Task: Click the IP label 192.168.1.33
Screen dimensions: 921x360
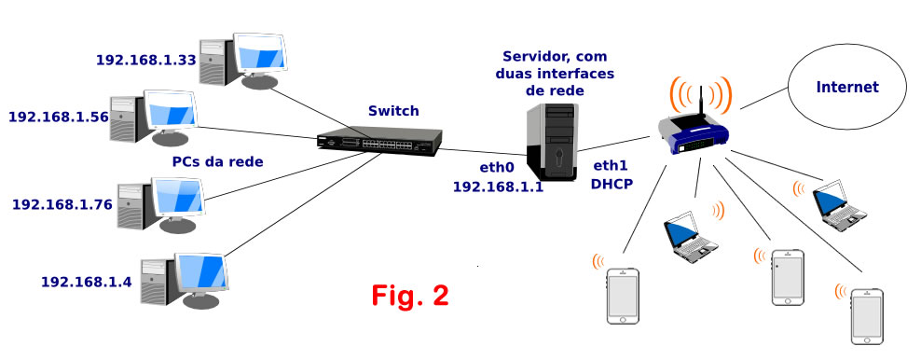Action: point(145,60)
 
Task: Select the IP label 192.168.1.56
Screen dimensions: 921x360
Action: point(58,117)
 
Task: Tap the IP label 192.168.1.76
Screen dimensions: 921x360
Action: point(62,205)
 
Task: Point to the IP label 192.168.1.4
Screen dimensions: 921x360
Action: point(87,282)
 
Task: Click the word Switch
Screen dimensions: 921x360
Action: point(393,110)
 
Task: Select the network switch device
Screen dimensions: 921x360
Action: point(379,142)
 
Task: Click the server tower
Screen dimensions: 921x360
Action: point(552,142)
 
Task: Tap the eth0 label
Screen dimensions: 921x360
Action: point(497,168)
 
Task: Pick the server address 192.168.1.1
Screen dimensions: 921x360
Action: point(498,187)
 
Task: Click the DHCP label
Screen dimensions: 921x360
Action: point(612,184)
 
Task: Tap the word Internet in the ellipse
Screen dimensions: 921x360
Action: point(847,88)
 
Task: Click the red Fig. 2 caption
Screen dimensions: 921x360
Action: point(410,296)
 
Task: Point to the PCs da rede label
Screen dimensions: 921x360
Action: point(217,161)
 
